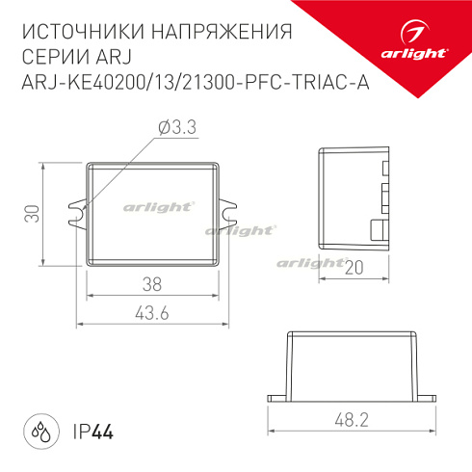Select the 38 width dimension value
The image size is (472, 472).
coord(151,284)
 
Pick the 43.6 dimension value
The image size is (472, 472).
coord(151,313)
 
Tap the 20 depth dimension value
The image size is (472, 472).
coord(354,270)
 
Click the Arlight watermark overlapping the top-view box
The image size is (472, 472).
coord(159,206)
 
